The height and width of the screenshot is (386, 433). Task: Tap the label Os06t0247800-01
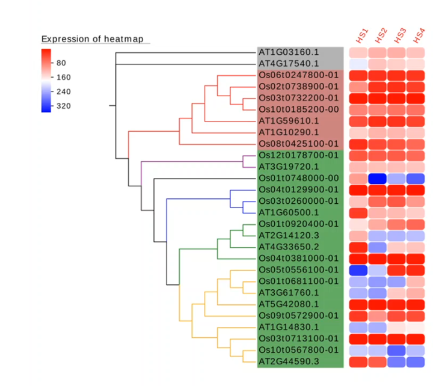[x=298, y=75]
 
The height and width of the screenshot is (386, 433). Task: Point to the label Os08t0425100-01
[x=298, y=144]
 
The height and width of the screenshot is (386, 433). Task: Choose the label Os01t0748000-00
[x=298, y=178]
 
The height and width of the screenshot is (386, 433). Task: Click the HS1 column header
[x=362, y=36]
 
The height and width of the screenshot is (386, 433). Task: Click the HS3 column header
[x=400, y=36]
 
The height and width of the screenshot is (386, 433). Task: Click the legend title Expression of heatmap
[x=93, y=39]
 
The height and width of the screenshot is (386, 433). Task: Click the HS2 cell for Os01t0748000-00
[x=378, y=178]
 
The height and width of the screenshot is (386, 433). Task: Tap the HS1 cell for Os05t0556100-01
[x=358, y=269]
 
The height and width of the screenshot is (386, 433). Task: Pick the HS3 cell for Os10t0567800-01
[x=396, y=349]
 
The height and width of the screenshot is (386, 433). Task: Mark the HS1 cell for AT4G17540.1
[x=358, y=64]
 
